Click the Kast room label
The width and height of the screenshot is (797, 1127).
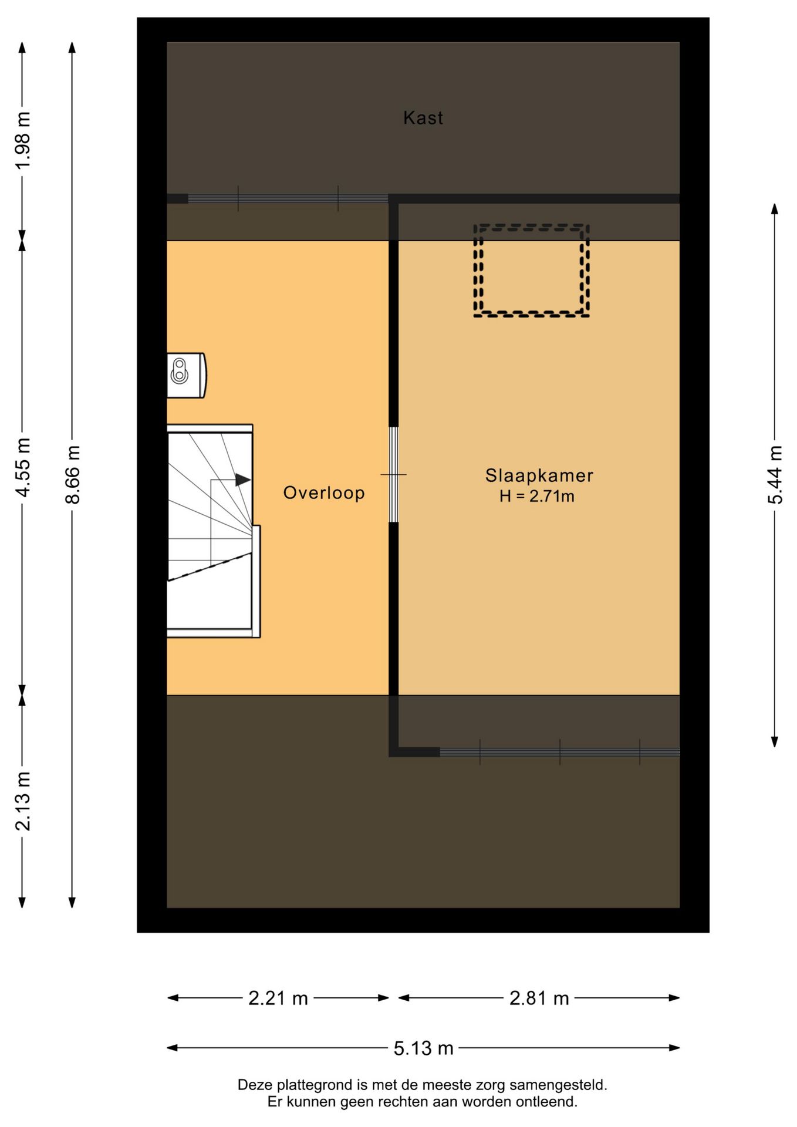pyautogui.click(x=423, y=118)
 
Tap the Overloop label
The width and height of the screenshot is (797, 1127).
pyautogui.click(x=324, y=492)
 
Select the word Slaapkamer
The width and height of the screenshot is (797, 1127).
pyautogui.click(x=539, y=475)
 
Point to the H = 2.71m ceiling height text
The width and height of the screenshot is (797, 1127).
pyautogui.click(x=536, y=497)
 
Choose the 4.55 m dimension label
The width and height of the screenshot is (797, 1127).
pyautogui.click(x=23, y=467)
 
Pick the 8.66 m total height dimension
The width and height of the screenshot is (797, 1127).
pyautogui.click(x=73, y=474)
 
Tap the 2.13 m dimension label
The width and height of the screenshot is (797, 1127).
pyautogui.click(x=23, y=801)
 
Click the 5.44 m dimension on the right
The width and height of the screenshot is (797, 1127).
pyautogui.click(x=775, y=474)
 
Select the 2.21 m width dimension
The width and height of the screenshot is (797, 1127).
pyautogui.click(x=278, y=998)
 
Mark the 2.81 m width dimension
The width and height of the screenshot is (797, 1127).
pyautogui.click(x=539, y=998)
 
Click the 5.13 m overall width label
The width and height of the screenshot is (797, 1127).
pyautogui.click(x=423, y=1048)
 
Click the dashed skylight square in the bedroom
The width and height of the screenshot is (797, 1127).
pyautogui.click(x=531, y=271)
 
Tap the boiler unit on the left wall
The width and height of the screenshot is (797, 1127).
pyautogui.click(x=186, y=375)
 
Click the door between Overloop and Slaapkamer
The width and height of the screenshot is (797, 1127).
pyautogui.click(x=394, y=474)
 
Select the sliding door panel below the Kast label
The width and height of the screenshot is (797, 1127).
pyautogui.click(x=288, y=199)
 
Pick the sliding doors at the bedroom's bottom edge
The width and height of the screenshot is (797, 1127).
pyautogui.click(x=559, y=752)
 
